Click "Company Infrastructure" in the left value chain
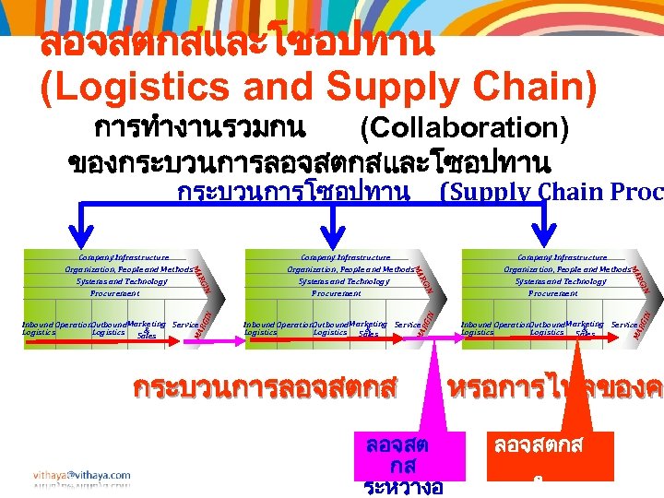[x=123, y=257]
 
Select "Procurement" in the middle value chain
[x=336, y=293]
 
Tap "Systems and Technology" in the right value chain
[x=561, y=281]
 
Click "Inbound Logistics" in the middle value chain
[x=259, y=327]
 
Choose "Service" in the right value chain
[x=623, y=326]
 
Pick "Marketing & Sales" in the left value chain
[x=147, y=329]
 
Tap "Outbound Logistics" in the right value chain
[x=546, y=327]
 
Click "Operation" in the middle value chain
[x=293, y=325]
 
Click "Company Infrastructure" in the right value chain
[x=562, y=257]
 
